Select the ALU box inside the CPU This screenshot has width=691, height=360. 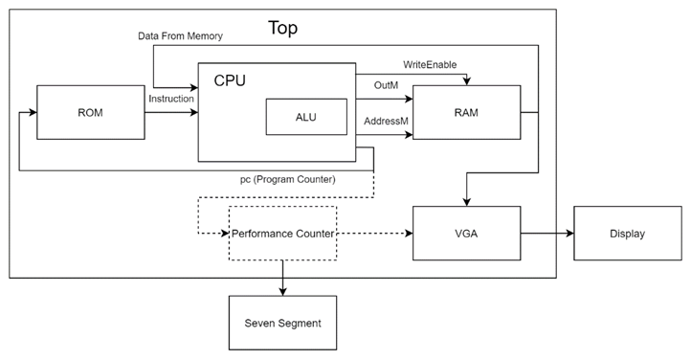pyautogui.click(x=305, y=118)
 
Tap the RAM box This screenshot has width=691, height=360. pyautogui.click(x=466, y=112)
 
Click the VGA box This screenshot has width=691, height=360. pyautogui.click(x=466, y=234)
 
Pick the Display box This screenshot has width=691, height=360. pyautogui.click(x=627, y=234)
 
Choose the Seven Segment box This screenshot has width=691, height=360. pyautogui.click(x=282, y=323)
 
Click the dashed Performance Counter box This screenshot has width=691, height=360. pyautogui.click(x=282, y=233)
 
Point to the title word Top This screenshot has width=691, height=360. pyautogui.click(x=282, y=28)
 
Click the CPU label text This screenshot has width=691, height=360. pyautogui.click(x=230, y=81)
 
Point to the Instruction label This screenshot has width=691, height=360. pyautogui.click(x=172, y=99)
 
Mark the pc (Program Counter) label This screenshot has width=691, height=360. pyautogui.click(x=287, y=179)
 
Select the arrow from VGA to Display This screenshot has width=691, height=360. pyautogui.click(x=546, y=234)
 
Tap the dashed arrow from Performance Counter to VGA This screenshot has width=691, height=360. pyautogui.click(x=374, y=234)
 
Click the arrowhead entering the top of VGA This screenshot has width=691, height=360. pyautogui.click(x=466, y=201)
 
